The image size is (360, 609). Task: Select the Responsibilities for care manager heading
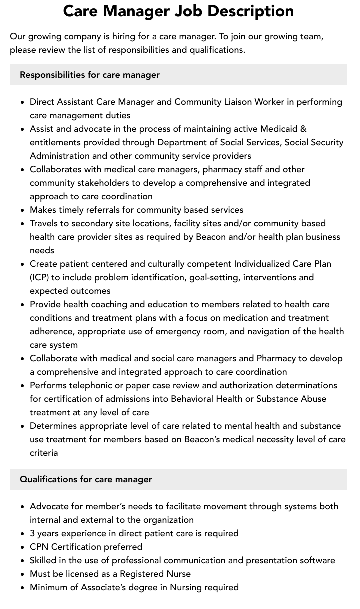(90, 75)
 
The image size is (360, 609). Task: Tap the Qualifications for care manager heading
(86, 479)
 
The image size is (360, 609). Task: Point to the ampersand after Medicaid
(303, 129)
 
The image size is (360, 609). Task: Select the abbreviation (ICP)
(39, 277)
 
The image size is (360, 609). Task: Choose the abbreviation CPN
(39, 547)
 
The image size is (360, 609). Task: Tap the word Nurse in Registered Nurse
(178, 574)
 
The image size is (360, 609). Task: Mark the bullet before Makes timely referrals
(22, 210)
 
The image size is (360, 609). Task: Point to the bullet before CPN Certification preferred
(22, 547)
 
